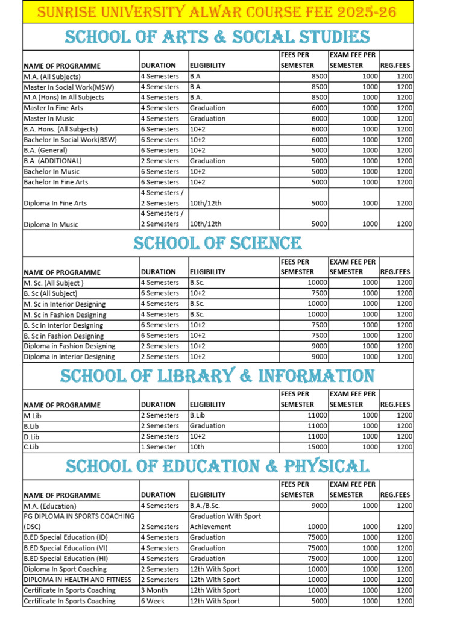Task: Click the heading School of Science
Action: (x=217, y=243)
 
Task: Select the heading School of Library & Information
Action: (x=217, y=376)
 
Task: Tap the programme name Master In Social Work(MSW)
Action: (x=69, y=87)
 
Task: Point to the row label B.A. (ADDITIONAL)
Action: (x=52, y=161)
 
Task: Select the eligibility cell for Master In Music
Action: (x=207, y=119)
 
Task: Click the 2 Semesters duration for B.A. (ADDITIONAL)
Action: (x=159, y=161)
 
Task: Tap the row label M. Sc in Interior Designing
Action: (x=64, y=304)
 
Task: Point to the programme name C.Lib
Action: (x=32, y=447)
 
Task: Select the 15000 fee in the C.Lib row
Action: (x=317, y=447)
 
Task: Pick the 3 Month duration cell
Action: (x=155, y=590)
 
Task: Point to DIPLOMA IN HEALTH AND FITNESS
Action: (x=77, y=580)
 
